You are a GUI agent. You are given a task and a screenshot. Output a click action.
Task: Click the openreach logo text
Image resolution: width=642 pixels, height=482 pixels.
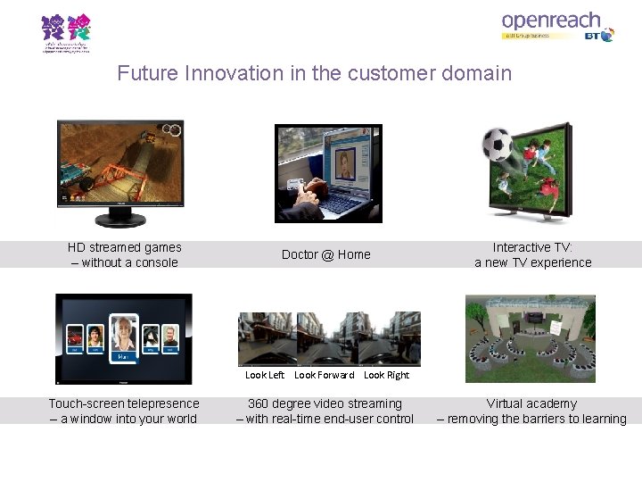550,20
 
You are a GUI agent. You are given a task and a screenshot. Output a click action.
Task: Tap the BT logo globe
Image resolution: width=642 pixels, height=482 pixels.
607,36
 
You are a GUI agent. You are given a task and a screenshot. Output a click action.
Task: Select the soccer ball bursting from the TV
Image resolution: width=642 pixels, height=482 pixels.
497,145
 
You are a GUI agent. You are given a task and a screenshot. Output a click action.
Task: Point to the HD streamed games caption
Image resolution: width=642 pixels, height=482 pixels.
125,254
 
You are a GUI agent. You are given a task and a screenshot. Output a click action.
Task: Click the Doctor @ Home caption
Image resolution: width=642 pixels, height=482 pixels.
325,254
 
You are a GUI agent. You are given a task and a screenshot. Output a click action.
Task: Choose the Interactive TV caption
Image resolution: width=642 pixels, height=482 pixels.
533,254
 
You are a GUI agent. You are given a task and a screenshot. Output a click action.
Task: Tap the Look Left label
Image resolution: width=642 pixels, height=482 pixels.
265,375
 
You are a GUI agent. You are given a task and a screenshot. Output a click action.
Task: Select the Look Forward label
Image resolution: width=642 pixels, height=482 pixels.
325,375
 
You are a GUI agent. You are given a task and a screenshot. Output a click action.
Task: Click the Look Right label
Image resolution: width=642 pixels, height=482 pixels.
386,375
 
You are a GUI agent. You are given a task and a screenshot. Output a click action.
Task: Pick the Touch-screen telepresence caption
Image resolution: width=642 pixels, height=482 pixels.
124,411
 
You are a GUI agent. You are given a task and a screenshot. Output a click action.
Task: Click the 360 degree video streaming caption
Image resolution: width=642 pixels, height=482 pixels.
325,411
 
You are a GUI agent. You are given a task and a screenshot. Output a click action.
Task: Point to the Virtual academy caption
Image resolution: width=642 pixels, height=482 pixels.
531,411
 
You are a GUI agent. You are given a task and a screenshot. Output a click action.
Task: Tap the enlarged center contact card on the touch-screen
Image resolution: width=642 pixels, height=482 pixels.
124,336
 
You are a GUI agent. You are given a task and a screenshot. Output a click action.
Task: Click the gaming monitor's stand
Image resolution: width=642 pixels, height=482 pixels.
120,220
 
